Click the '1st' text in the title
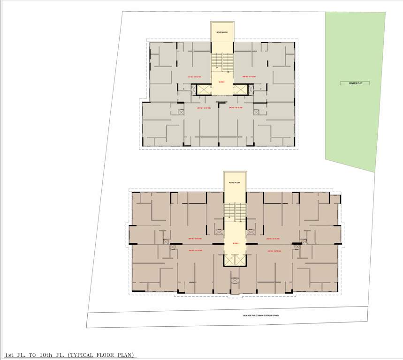click(x=10, y=354)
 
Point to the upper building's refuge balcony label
click(x=221, y=32)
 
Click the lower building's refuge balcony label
click(x=235, y=182)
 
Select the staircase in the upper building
click(x=221, y=61)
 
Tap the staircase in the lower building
click(x=235, y=210)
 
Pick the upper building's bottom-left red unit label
click(x=203, y=108)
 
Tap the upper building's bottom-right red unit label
click(x=235, y=108)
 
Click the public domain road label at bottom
click(x=257, y=315)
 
